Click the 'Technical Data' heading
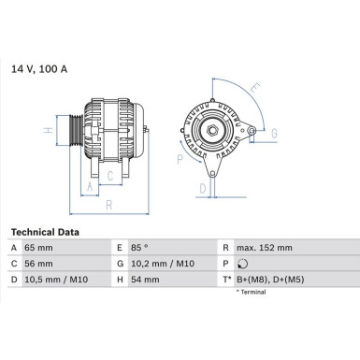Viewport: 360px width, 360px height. pos(44,231)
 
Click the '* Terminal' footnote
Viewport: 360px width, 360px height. pos(252,293)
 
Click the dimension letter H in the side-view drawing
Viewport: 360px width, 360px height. pos(49,131)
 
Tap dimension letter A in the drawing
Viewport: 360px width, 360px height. pos(91,186)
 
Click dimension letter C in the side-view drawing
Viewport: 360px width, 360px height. pos(109,174)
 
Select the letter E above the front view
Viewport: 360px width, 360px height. pos(255,91)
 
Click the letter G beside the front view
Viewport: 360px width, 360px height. pos(275,134)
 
